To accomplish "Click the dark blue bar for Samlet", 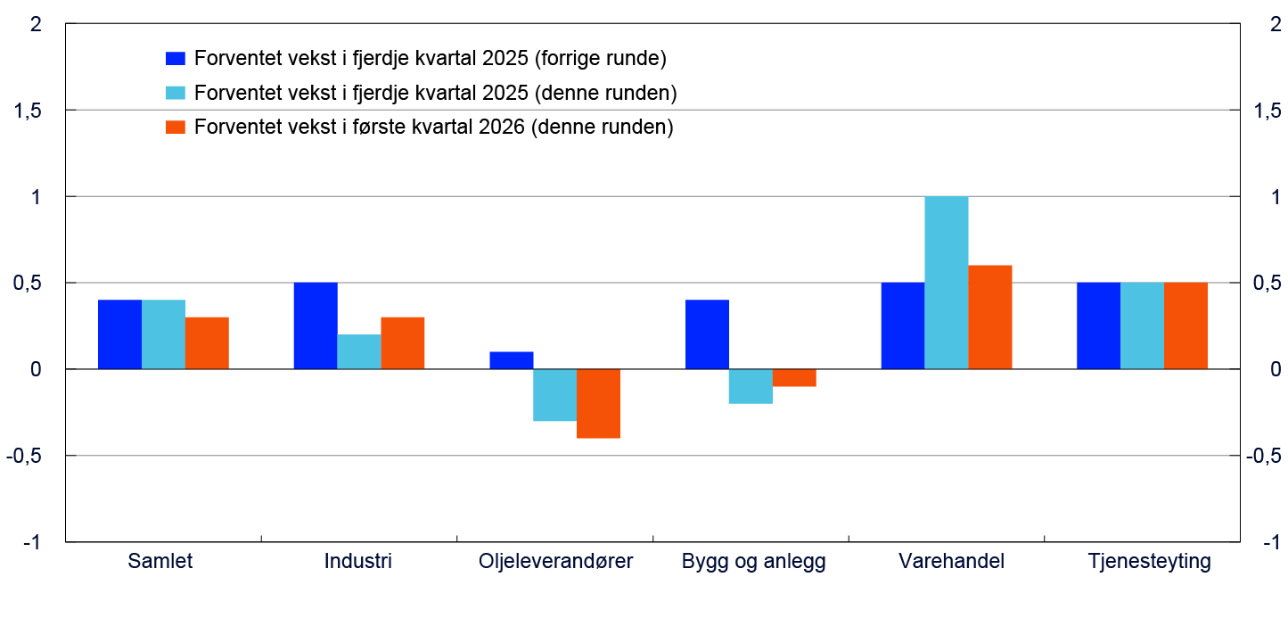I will [x=119, y=334].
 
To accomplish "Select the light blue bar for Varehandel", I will [x=946, y=282].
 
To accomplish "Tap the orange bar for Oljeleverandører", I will [x=598, y=403].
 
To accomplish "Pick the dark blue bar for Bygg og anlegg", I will [x=707, y=334].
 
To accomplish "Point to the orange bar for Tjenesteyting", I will [x=1185, y=325].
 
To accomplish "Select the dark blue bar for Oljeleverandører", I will [x=512, y=360].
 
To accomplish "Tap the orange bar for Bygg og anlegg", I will [x=794, y=378].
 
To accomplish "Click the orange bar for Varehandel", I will [x=989, y=317].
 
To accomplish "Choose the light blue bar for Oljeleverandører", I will [x=554, y=395].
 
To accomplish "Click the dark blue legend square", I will [x=175, y=59].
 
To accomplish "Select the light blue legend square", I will [x=175, y=93].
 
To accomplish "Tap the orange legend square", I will [x=175, y=127].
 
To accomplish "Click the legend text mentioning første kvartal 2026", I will [x=433, y=127].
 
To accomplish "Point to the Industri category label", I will [x=358, y=562].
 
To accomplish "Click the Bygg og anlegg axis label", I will [x=754, y=562].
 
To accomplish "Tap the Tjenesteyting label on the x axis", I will [x=1149, y=562].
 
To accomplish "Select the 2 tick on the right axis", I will [x=1275, y=24].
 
